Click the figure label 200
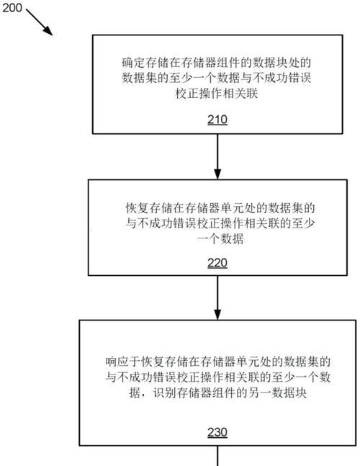12,7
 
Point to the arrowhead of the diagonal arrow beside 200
49,32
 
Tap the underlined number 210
217,120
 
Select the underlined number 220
217,263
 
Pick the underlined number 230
217,432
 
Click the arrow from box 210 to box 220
217,156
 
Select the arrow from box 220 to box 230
217,297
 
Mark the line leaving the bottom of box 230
217,456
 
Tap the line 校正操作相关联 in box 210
217,94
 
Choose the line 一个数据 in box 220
220,239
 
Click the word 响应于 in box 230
122,362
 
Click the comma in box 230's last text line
144,396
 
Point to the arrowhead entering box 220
217,174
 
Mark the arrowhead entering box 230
217,315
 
